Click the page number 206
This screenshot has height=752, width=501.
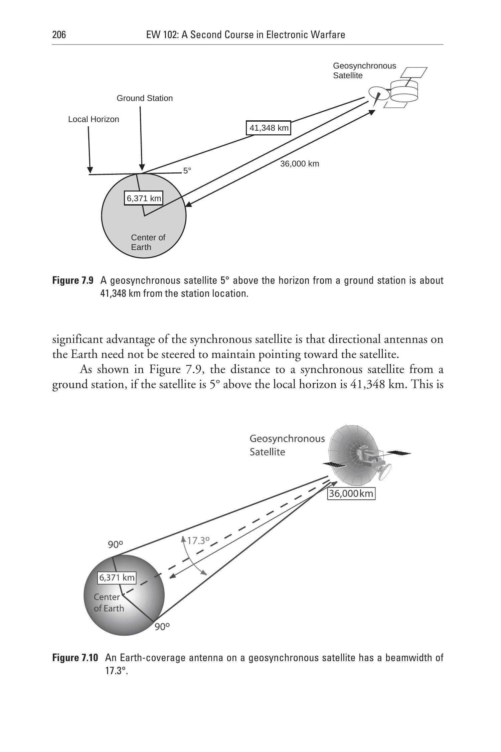point(59,35)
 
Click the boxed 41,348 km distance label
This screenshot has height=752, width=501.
point(269,128)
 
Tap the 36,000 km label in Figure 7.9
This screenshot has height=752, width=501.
point(300,164)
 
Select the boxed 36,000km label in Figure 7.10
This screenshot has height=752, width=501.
point(351,493)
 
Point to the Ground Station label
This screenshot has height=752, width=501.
point(145,98)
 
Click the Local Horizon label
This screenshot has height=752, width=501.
point(94,119)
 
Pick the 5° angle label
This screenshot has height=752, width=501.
point(187,170)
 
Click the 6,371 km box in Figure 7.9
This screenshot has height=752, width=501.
point(144,199)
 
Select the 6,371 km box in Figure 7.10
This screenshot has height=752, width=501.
point(117,577)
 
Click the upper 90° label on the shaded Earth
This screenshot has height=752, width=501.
point(116,545)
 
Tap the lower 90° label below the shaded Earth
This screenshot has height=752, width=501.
point(162,627)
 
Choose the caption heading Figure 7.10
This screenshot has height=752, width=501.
point(75,658)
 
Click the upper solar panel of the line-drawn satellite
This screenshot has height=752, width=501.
point(413,72)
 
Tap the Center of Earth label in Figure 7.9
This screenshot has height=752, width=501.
point(148,242)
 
